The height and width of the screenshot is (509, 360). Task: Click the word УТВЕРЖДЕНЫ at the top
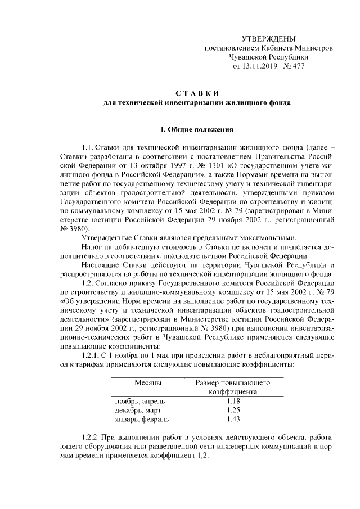[268, 38]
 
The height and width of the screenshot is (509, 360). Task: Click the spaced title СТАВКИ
[197, 92]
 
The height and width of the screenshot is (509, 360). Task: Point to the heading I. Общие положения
[197, 130]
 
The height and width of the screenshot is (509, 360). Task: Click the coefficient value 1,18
[233, 401]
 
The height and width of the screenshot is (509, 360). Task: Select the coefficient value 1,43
[233, 419]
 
